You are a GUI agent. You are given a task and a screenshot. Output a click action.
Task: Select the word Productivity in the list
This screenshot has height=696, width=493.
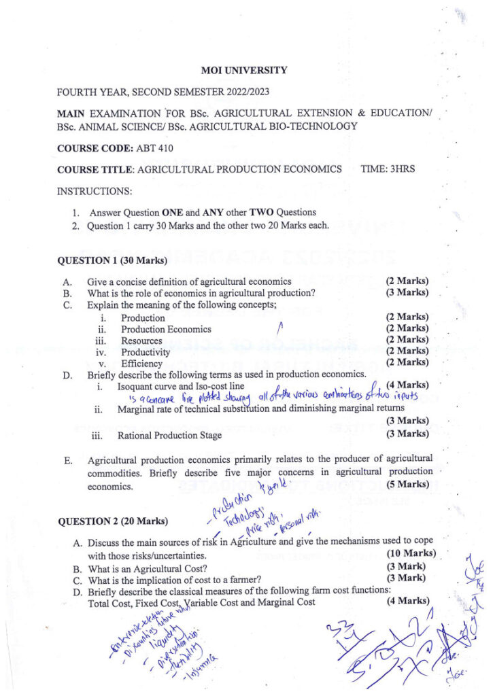146,352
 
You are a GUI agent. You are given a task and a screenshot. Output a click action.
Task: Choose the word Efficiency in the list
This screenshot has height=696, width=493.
141,364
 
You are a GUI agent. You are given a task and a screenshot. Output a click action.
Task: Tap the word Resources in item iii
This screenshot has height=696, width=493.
141,341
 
